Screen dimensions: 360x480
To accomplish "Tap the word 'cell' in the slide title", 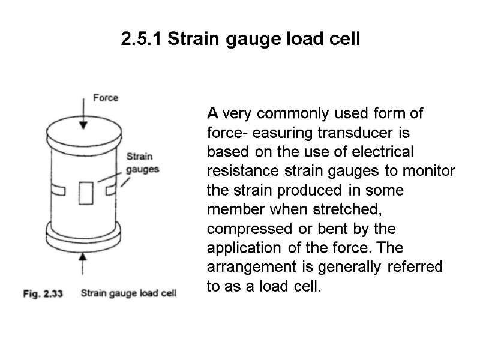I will tap(344, 40).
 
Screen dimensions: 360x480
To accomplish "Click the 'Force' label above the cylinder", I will tap(106, 97).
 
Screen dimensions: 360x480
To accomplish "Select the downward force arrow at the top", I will tap(83, 114).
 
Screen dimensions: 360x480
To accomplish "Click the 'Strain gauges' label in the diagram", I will tap(142, 164).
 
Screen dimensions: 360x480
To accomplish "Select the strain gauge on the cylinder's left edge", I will tap(58, 191).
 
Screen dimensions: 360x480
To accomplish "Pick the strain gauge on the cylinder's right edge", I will tap(110, 190).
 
